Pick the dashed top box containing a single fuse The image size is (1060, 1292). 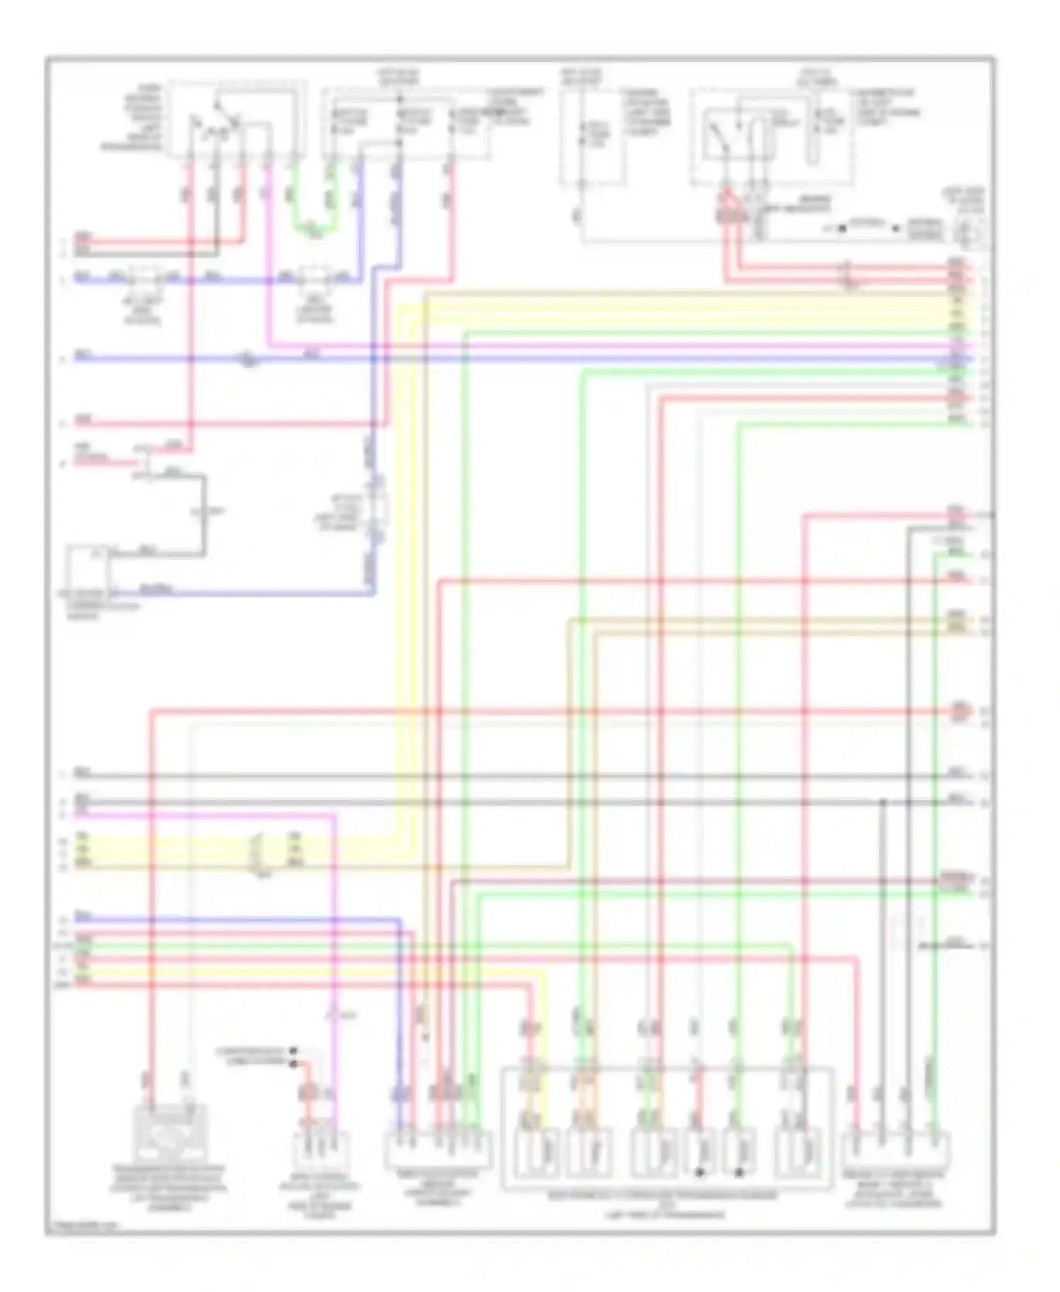point(592,138)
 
